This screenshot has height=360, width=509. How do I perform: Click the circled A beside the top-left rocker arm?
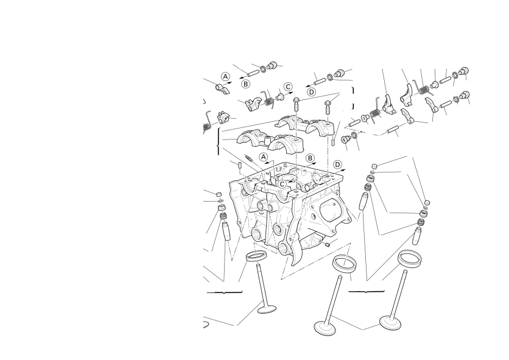click(x=225, y=77)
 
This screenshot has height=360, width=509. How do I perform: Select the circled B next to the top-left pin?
click(x=246, y=84)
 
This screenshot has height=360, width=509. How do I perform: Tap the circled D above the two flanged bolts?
click(x=311, y=92)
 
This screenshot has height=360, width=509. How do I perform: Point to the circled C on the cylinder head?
click(x=282, y=184)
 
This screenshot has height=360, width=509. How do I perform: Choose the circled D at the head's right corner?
click(x=337, y=164)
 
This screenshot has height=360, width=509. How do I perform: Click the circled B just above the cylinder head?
click(x=311, y=158)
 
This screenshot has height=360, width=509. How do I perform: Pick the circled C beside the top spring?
click(x=288, y=87)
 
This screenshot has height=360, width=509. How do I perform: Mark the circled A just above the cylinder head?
click(x=264, y=157)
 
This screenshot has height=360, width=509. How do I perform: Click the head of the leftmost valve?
click(x=267, y=309)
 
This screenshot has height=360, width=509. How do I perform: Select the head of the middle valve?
click(x=325, y=328)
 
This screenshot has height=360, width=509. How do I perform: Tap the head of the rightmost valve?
click(x=390, y=322)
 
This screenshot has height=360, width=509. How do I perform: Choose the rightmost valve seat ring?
click(x=410, y=258)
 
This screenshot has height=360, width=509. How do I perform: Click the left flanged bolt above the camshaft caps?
click(x=297, y=105)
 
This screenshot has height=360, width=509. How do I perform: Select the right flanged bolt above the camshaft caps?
click(x=328, y=107)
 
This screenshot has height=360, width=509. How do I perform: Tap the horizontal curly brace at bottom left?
click(x=224, y=293)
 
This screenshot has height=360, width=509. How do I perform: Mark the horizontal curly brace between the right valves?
click(x=366, y=291)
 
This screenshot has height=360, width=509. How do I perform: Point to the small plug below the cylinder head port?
click(x=327, y=244)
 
